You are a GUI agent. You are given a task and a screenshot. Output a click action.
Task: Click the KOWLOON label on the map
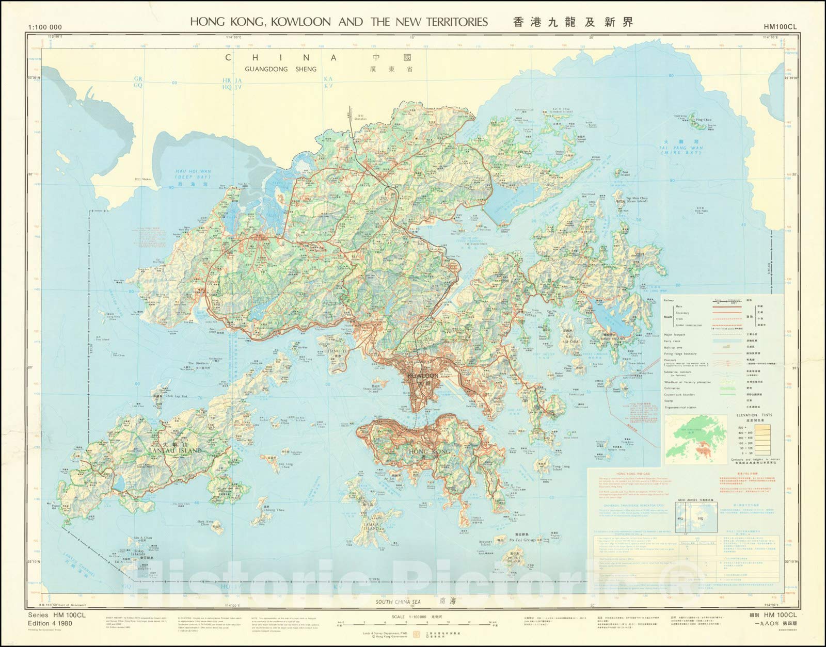422,376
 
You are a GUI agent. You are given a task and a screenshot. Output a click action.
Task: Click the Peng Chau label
284,420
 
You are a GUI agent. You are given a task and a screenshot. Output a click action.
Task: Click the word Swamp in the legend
671,400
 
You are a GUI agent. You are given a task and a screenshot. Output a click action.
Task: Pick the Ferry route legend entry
674,341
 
